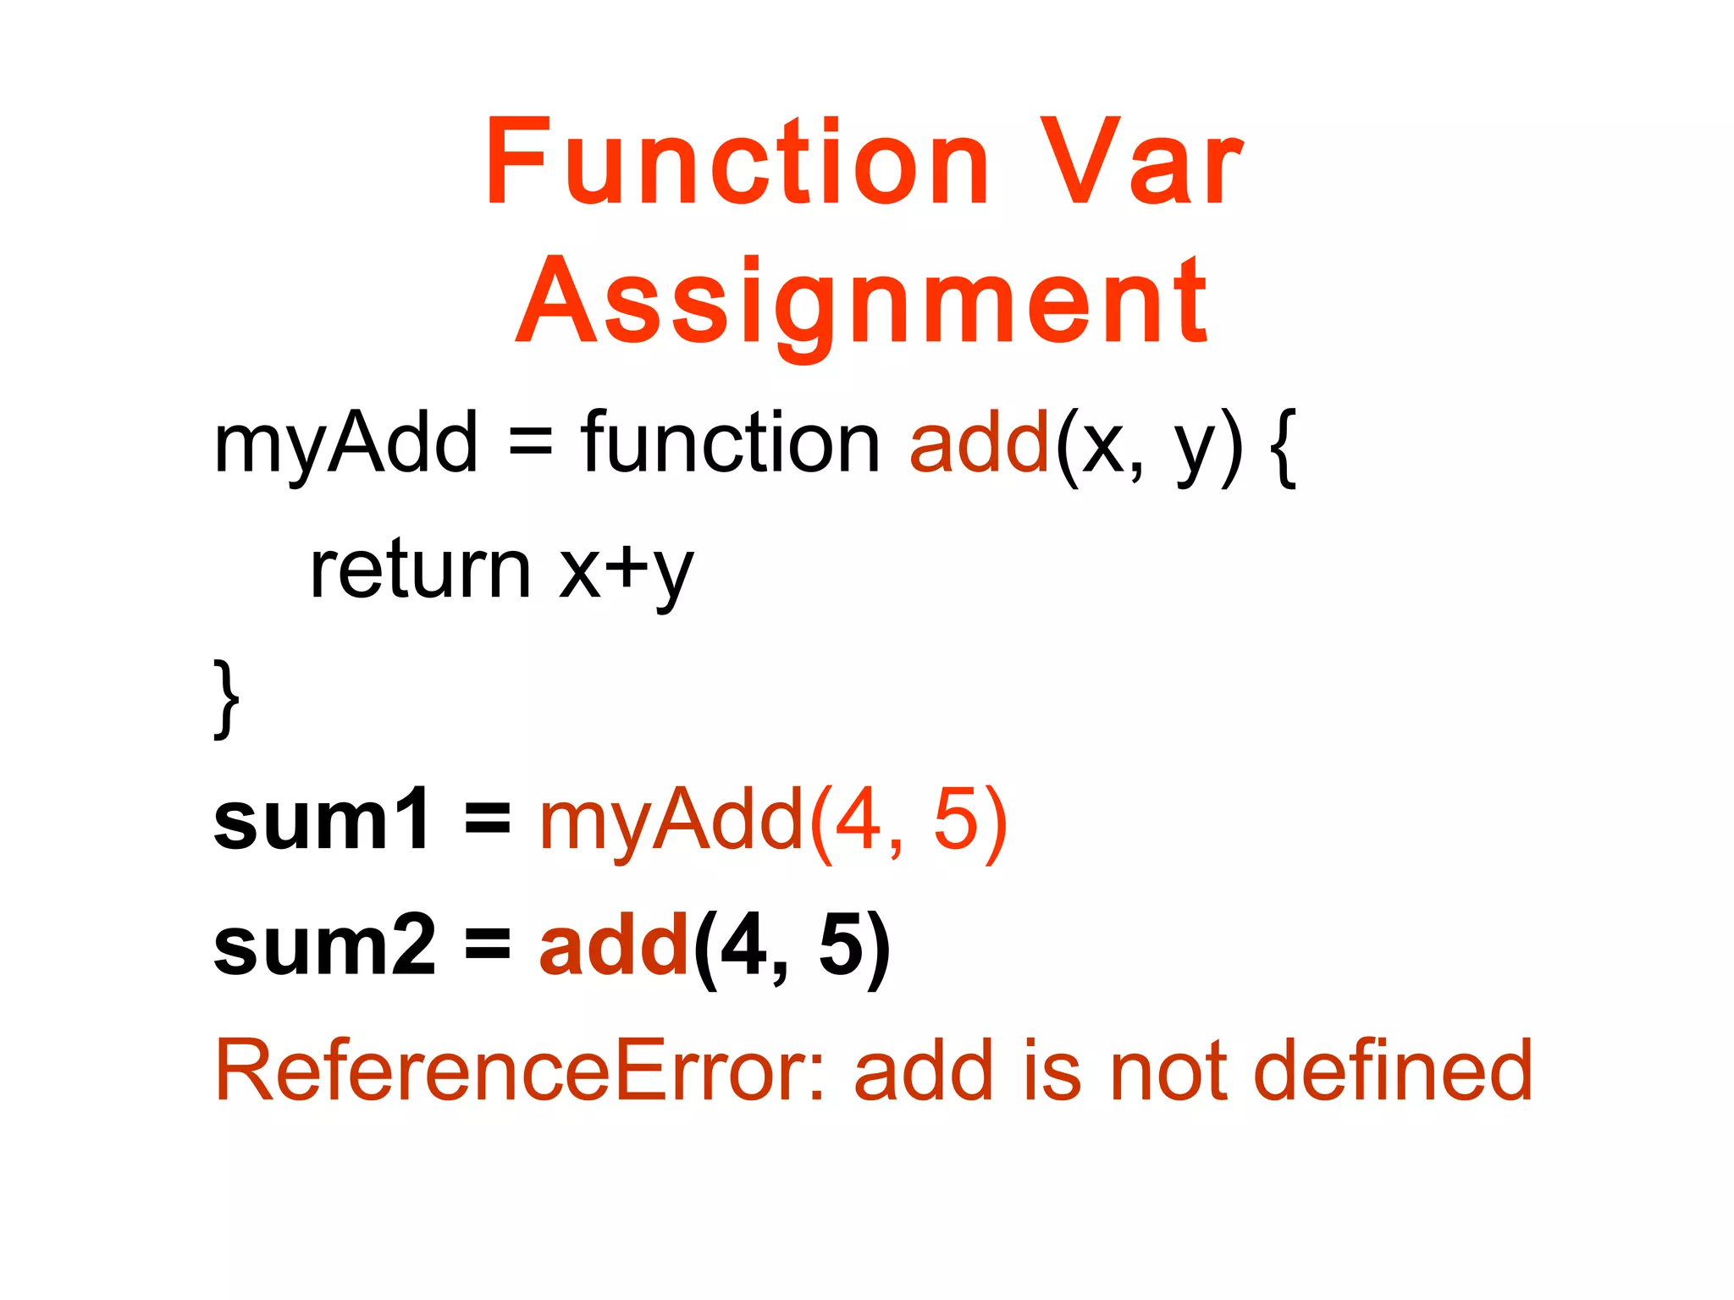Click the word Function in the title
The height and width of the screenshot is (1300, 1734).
point(737,162)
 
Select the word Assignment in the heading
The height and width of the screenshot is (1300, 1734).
point(862,303)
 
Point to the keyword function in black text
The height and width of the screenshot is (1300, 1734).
point(730,443)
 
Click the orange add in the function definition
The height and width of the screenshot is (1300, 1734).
point(980,443)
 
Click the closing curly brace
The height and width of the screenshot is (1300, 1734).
point(226,698)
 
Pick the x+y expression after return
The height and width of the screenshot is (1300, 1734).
point(626,571)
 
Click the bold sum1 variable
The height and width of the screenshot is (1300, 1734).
point(322,819)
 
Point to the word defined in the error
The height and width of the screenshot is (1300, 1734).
point(1393,1071)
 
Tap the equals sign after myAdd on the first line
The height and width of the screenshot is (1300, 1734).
point(530,443)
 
